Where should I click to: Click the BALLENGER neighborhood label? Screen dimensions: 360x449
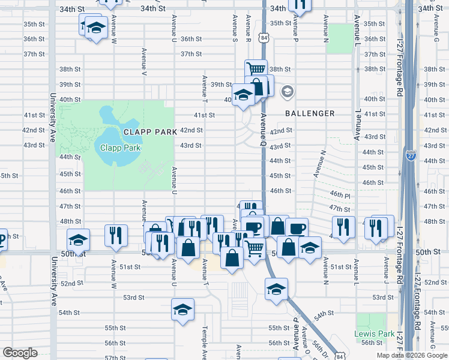click(310, 113)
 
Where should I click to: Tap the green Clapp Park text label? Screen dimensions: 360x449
click(116, 148)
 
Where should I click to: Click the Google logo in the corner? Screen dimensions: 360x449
click(19, 353)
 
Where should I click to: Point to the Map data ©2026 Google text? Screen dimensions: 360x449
click(411, 355)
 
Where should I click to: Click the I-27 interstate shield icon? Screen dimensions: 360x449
click(411, 155)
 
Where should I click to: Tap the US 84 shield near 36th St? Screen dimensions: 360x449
click(264, 38)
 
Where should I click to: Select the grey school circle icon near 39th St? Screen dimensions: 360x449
click(288, 92)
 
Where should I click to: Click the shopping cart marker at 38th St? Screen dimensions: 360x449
click(256, 69)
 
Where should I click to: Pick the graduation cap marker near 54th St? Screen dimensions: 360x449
click(182, 309)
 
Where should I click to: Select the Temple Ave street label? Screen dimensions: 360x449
click(205, 342)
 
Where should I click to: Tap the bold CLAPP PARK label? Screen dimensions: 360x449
click(150, 131)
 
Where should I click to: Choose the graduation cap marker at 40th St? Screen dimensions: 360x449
click(243, 95)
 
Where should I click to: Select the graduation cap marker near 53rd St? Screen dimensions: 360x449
click(276, 289)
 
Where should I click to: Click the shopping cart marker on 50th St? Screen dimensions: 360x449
click(255, 247)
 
